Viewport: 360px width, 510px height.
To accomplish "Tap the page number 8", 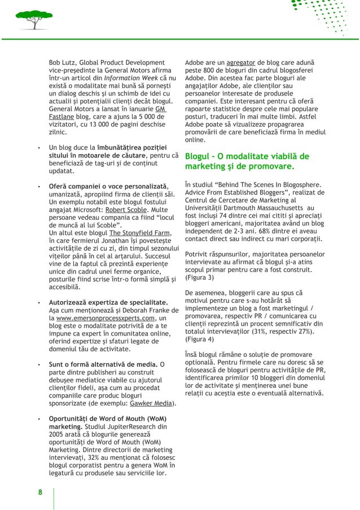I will coord(40,492).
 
